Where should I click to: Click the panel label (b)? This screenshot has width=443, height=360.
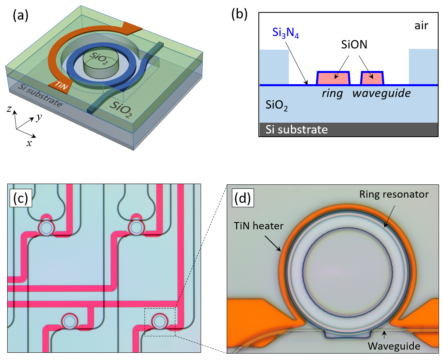240,14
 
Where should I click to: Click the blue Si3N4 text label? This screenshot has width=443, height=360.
286,33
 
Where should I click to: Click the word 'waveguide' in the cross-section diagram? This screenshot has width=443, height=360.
382,94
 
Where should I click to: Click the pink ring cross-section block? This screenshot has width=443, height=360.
333,78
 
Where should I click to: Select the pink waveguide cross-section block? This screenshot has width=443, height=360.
372,78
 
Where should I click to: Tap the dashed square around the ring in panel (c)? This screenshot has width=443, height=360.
160,322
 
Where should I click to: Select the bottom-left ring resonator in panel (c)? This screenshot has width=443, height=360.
69,321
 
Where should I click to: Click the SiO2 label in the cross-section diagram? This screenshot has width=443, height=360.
277,106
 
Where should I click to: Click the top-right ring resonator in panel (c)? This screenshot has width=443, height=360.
136,228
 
